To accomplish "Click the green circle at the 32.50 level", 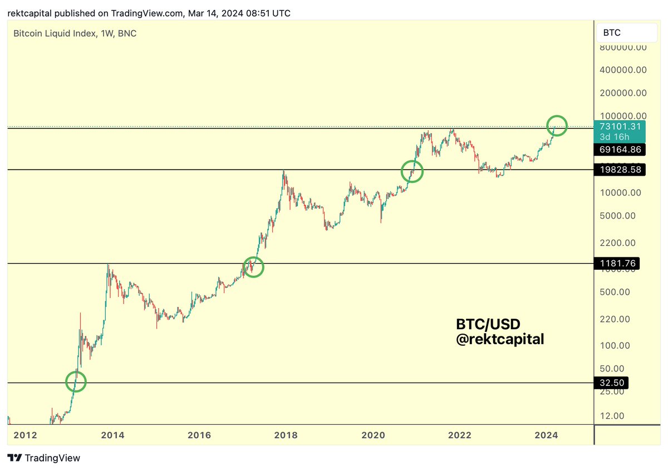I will click(76, 381).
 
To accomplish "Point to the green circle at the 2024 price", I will click(557, 126).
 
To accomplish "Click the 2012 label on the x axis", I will click(25, 435).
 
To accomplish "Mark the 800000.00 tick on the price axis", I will click(623, 47).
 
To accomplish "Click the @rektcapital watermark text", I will click(500, 339).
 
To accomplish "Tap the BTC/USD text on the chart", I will click(488, 324).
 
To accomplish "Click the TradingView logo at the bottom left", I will click(45, 458).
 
